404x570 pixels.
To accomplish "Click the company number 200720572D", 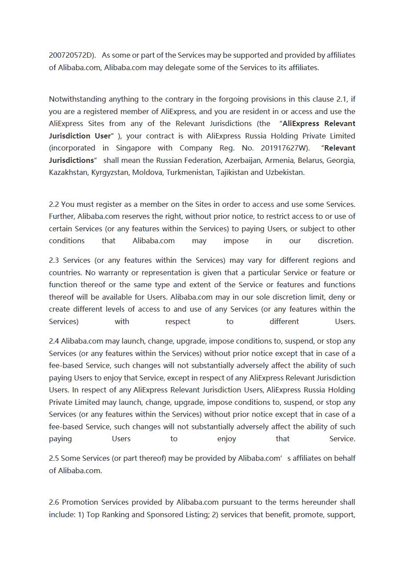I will [72, 55].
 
